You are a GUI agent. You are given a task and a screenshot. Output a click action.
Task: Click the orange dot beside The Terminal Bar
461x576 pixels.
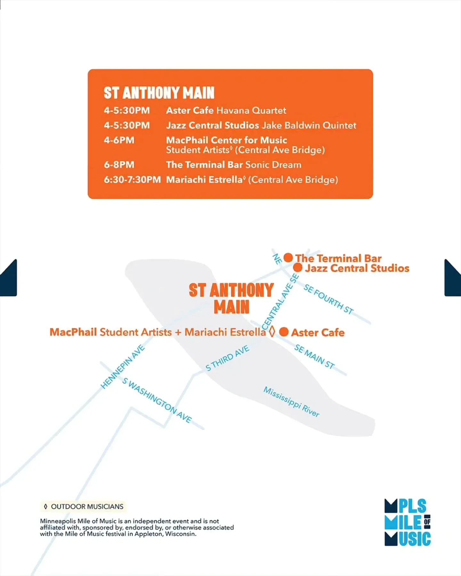pyautogui.click(x=288, y=258)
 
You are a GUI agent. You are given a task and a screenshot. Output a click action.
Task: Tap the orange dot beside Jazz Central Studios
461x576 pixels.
pyautogui.click(x=298, y=268)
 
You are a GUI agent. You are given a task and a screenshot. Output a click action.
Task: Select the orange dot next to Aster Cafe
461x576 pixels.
pyautogui.click(x=284, y=332)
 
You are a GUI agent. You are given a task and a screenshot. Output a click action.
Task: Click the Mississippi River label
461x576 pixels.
pyautogui.click(x=291, y=402)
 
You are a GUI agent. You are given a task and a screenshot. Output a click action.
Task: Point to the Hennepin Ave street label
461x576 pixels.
pyautogui.click(x=123, y=367)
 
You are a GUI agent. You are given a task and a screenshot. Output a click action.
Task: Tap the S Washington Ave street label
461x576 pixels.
pyautogui.click(x=157, y=400)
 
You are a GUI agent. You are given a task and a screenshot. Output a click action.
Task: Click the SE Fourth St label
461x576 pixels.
pyautogui.click(x=328, y=299)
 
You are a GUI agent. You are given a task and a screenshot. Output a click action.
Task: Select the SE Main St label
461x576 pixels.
pyautogui.click(x=314, y=356)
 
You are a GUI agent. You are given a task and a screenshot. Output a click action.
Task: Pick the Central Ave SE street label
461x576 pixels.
pyautogui.click(x=280, y=302)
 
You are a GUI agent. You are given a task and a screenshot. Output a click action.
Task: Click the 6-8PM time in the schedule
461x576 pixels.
pyautogui.click(x=119, y=165)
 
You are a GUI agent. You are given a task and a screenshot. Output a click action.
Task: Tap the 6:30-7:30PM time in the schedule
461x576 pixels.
pyautogui.click(x=132, y=180)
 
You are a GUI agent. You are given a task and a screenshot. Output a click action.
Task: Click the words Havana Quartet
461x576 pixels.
pyautogui.click(x=251, y=110)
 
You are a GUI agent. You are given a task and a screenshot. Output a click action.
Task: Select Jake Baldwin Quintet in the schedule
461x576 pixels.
pyautogui.click(x=309, y=125)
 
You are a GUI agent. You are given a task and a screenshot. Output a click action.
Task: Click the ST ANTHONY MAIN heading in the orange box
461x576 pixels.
pyautogui.click(x=159, y=93)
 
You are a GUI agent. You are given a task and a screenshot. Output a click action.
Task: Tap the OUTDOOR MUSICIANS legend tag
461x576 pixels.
pyautogui.click(x=84, y=507)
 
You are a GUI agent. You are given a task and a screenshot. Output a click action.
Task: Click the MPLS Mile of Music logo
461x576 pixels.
pyautogui.click(x=408, y=522)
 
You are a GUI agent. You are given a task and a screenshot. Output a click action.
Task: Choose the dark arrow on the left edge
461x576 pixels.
pyautogui.click(x=8, y=278)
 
